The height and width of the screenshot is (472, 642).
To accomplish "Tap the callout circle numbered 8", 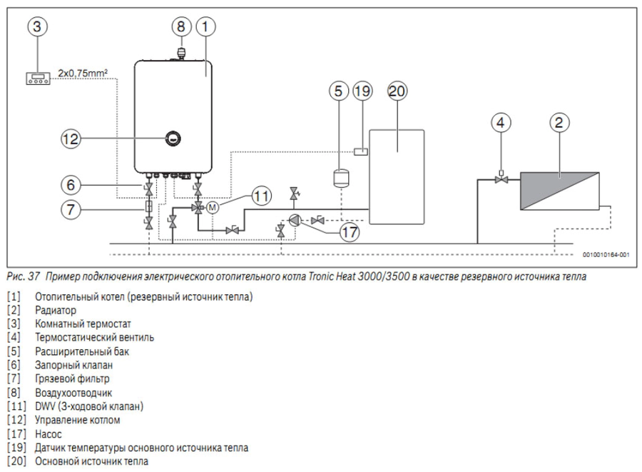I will click(181, 27).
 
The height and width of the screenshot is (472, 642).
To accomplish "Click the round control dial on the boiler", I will click(172, 139).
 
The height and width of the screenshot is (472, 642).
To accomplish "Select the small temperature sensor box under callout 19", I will click(362, 151).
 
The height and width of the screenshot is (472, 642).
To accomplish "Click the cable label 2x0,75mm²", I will click(84, 72).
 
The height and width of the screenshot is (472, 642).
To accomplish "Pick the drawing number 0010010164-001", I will click(606, 253).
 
